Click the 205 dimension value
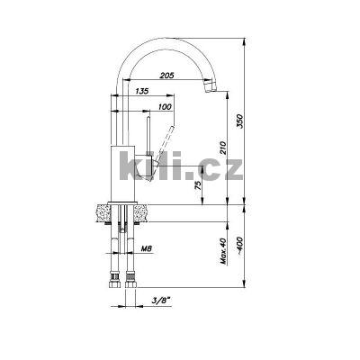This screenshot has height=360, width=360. point(166,76)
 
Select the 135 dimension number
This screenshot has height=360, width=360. point(141,91)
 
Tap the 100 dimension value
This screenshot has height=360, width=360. point(165,107)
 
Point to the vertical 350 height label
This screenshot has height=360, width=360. point(239,121)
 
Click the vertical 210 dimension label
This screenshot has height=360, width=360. point(223,147)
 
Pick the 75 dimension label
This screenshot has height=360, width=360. point(198,186)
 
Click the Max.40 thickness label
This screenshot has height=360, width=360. point(223,251)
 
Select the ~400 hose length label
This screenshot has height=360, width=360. point(240,246)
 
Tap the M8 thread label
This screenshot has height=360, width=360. point(147,248)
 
